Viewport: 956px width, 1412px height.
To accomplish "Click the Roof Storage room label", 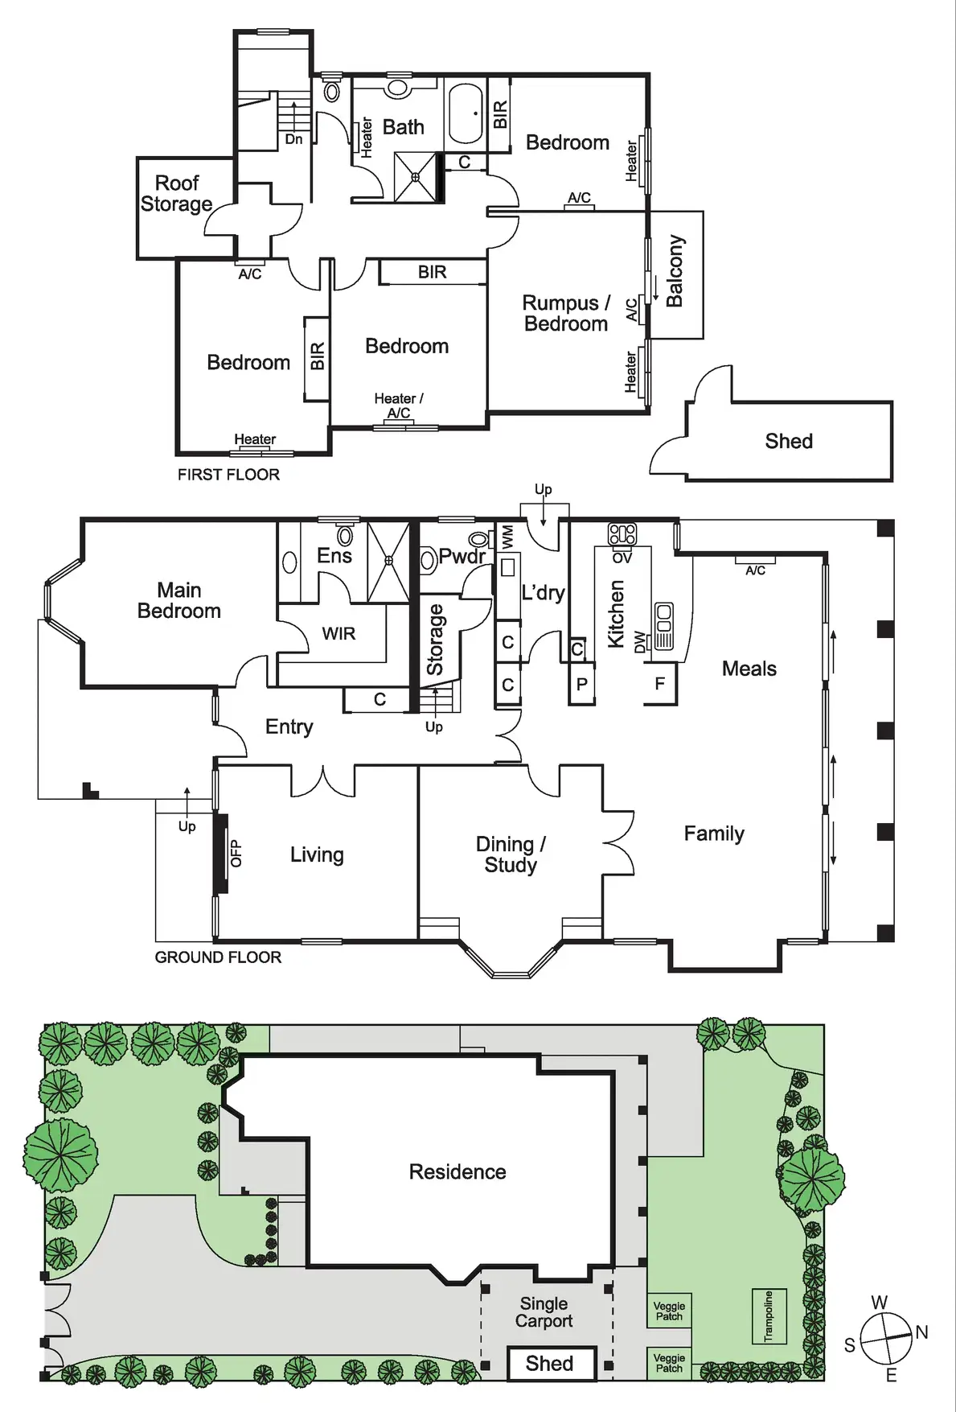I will [x=176, y=194].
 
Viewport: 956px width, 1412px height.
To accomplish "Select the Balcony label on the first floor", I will [x=675, y=271].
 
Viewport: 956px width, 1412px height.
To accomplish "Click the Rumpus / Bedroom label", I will [x=566, y=314].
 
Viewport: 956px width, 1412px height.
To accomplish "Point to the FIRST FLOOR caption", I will [x=228, y=475].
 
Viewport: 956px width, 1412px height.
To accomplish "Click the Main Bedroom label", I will [x=178, y=601].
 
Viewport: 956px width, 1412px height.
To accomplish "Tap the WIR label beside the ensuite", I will [x=338, y=634].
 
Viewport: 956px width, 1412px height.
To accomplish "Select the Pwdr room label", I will [x=462, y=556].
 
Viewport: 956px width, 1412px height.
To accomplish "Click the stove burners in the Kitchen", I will [x=622, y=533].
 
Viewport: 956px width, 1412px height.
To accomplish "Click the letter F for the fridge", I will [x=660, y=684].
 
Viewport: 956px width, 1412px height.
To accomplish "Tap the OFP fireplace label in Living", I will [x=236, y=854].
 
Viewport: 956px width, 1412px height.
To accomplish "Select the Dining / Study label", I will [x=511, y=854].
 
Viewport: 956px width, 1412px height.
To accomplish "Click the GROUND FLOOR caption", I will [x=218, y=957].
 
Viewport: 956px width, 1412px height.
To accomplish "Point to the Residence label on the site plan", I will [x=457, y=1171].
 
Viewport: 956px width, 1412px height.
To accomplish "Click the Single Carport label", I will [x=544, y=1312].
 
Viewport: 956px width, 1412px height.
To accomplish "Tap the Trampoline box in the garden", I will [x=768, y=1317].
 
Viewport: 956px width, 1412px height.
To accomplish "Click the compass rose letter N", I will [x=921, y=1332].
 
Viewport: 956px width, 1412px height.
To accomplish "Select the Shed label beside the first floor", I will [x=789, y=441].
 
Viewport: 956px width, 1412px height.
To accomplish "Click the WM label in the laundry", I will [x=507, y=537].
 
